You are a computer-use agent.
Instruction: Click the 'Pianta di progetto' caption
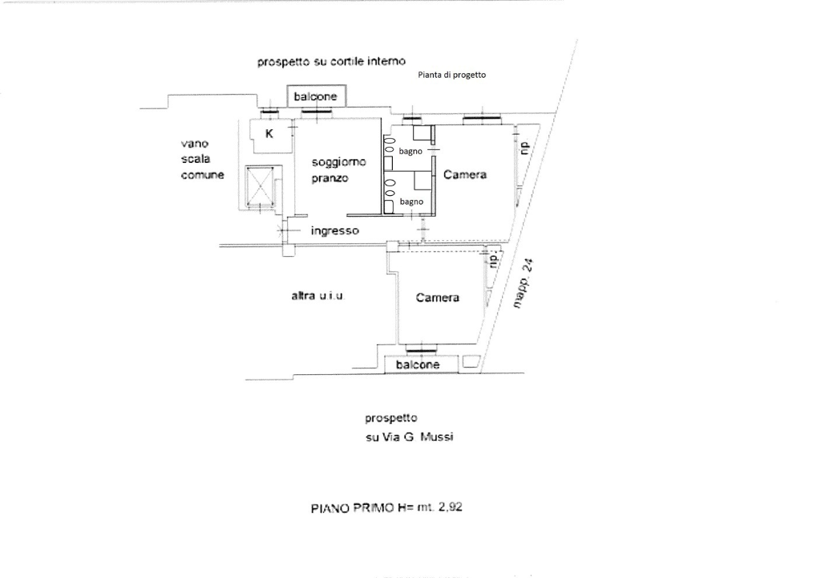[x=451, y=75]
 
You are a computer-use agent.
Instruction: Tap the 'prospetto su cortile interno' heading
[x=331, y=61]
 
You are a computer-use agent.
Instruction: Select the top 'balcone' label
[x=316, y=96]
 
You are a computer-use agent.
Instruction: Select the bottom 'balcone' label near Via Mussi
[x=418, y=364]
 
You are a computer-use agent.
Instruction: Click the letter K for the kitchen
[x=269, y=133]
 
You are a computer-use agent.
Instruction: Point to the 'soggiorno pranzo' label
[x=338, y=169]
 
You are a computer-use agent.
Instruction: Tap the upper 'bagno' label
[x=411, y=151]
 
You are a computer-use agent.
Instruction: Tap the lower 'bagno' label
[x=411, y=201]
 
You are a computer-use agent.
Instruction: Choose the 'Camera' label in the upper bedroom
[x=465, y=174]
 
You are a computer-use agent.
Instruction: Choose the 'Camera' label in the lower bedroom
[x=438, y=298]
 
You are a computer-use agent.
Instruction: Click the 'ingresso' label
[x=334, y=230]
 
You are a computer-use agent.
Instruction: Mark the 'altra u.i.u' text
[x=317, y=296]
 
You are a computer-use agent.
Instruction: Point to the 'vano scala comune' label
[x=202, y=159]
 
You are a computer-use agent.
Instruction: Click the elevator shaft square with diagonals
[x=261, y=187]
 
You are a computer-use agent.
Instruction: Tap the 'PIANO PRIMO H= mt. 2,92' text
[x=386, y=507]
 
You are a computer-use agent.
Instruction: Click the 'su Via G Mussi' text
[x=410, y=438]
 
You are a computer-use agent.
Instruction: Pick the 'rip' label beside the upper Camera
[x=525, y=149]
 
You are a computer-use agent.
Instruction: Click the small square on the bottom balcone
[x=470, y=362]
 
